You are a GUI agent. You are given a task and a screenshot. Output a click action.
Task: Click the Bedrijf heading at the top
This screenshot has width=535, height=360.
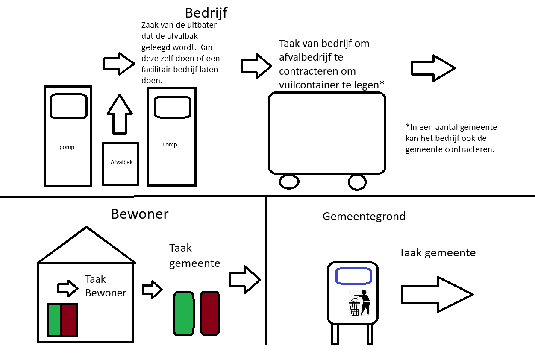pyautogui.click(x=206, y=12)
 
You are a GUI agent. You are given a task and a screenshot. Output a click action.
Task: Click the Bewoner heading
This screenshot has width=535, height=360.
pyautogui.click(x=140, y=214)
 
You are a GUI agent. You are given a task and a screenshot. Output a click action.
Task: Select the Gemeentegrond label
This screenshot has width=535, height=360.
pyautogui.click(x=364, y=216)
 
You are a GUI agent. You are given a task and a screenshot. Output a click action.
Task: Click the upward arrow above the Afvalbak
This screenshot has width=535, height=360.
pyautogui.click(x=120, y=114)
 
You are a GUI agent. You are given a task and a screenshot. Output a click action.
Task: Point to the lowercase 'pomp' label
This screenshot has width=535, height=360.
pyautogui.click(x=67, y=147)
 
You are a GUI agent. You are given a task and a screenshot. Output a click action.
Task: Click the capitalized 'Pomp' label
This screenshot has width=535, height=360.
pyautogui.click(x=170, y=145)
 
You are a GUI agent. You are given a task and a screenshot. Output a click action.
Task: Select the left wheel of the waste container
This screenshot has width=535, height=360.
pyautogui.click(x=289, y=181)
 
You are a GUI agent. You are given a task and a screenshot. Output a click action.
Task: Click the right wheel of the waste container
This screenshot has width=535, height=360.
pyautogui.click(x=357, y=182)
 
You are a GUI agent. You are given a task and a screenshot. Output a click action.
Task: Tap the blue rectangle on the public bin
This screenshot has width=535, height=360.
pyautogui.click(x=353, y=276)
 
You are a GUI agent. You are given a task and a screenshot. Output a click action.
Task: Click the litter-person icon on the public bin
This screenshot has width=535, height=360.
pyautogui.click(x=359, y=303)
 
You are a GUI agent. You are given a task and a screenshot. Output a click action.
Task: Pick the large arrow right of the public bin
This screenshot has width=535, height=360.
pyautogui.click(x=437, y=294)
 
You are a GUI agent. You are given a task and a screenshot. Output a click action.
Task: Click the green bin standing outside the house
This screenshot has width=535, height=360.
pyautogui.click(x=183, y=313)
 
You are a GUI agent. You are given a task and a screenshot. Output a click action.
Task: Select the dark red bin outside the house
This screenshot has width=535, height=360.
pyautogui.click(x=210, y=313)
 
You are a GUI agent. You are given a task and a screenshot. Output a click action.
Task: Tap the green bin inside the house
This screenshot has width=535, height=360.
pyautogui.click(x=54, y=320)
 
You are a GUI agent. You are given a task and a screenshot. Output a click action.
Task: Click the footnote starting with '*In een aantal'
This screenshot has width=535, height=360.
pyautogui.click(x=451, y=138)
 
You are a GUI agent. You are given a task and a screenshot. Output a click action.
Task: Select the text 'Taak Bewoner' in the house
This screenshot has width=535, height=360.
pyautogui.click(x=105, y=286)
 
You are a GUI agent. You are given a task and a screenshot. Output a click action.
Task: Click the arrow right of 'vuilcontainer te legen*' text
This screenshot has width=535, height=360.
pyautogui.click(x=433, y=68)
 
